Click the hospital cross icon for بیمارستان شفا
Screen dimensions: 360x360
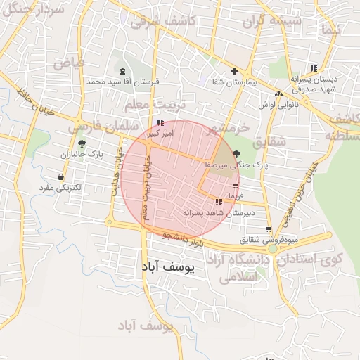pos(235,71)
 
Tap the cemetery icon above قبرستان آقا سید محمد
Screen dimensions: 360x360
pos(124,71)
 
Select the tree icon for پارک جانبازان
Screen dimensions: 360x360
pos(82,143)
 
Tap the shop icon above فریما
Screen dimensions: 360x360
pos(235,186)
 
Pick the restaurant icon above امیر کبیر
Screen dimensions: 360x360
pos(160,122)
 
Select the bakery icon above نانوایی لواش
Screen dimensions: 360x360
pos(279,94)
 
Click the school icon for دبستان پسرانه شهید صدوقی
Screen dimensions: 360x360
pos(313,68)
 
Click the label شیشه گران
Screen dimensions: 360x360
pos(272,21)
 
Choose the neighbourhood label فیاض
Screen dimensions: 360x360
pos(68,62)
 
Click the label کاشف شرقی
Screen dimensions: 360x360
pos(162,22)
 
